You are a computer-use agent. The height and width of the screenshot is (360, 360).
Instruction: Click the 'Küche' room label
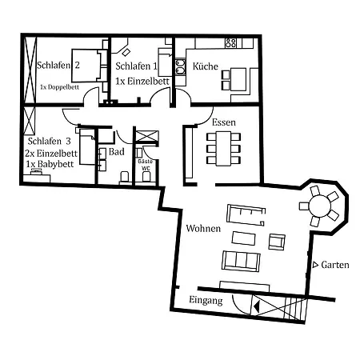pos(206,66)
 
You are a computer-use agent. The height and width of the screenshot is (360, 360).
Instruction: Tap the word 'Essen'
pos(224,122)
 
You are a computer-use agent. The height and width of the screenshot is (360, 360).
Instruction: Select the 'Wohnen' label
pos(203,228)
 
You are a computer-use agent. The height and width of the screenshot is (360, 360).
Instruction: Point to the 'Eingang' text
pos(206,300)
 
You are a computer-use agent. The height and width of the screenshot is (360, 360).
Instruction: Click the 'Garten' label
pos(335,265)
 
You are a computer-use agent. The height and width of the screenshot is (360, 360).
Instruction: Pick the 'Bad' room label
pos(117,152)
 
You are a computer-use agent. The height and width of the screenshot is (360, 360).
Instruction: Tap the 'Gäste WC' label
pos(146,165)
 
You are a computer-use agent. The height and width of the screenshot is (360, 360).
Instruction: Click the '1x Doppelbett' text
pos(59,87)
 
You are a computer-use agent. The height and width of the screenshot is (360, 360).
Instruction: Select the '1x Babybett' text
pos(50,164)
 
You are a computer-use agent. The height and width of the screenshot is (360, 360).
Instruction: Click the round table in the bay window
pos(319,206)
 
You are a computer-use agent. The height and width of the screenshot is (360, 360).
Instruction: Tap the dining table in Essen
pos(223,148)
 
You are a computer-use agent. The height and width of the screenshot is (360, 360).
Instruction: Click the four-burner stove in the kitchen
pos(230,42)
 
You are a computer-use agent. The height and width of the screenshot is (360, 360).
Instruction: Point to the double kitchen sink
pos(180,67)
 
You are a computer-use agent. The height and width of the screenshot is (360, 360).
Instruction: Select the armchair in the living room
pos(277,242)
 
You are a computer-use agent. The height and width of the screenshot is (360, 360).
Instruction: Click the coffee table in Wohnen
pos(243,238)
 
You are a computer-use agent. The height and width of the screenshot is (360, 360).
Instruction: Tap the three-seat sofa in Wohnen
pos(241,261)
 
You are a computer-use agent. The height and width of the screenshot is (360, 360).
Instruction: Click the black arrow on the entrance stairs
pos(256,306)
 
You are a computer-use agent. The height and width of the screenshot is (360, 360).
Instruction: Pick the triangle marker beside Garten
pos(315,265)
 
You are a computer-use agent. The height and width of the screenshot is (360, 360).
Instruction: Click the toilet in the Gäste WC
pos(146,177)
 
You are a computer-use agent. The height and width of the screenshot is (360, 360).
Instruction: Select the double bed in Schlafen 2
pos(86,66)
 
